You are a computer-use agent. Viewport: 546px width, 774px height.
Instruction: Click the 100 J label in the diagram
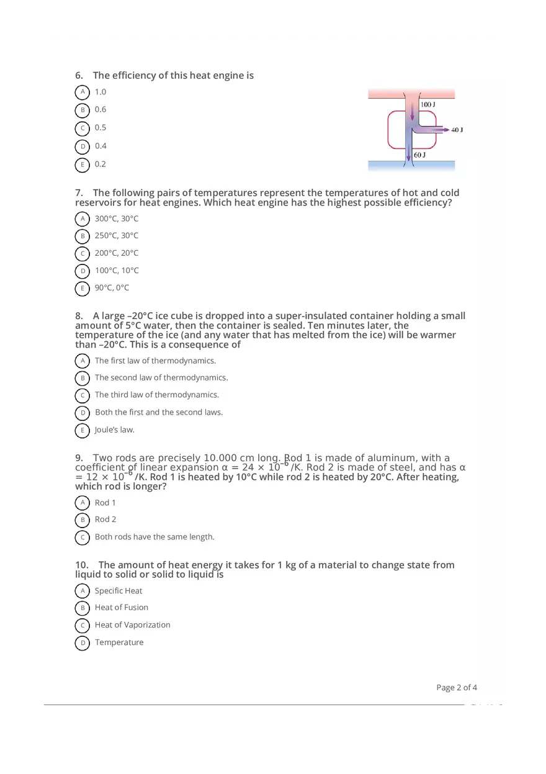tap(427, 104)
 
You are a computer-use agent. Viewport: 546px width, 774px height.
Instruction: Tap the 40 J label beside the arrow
tap(457, 130)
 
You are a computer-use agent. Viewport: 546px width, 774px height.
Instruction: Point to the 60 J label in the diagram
tap(419, 155)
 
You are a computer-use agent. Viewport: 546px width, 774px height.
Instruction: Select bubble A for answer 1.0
tap(82, 92)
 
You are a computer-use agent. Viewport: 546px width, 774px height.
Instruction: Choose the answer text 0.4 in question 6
tap(101, 146)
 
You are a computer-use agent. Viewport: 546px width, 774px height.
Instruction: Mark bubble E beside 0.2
tap(82, 164)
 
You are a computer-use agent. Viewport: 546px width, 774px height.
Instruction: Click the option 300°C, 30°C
tap(117, 218)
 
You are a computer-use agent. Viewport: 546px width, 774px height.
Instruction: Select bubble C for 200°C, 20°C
tap(82, 253)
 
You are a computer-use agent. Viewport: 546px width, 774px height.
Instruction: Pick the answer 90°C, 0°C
tap(112, 287)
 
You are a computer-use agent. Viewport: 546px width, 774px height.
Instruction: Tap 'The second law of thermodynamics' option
tap(161, 377)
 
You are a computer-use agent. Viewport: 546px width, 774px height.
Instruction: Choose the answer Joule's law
tap(115, 430)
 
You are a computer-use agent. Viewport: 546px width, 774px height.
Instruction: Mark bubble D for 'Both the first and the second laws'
tap(82, 413)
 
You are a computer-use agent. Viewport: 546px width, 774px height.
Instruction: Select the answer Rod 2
tap(105, 520)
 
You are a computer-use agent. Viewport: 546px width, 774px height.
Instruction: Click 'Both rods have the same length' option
tap(154, 537)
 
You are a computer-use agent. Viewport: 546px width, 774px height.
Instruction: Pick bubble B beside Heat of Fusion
tap(82, 608)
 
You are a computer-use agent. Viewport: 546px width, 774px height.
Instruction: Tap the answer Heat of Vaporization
tap(132, 625)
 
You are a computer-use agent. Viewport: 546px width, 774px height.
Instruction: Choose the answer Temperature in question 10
tap(119, 642)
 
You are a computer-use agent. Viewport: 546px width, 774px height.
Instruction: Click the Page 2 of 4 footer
tap(457, 687)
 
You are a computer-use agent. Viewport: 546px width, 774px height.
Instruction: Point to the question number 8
tap(79, 316)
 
